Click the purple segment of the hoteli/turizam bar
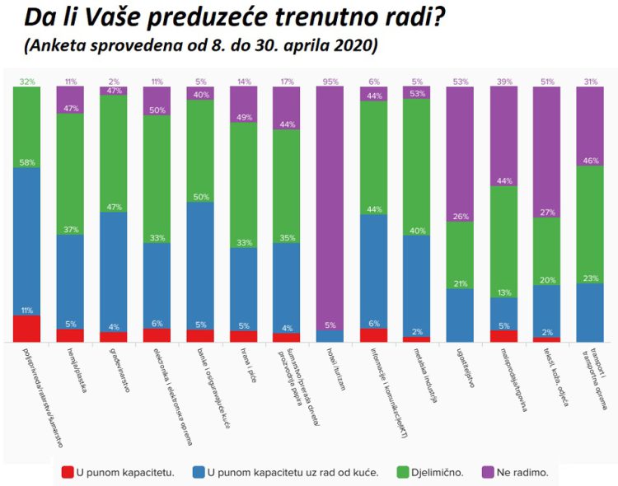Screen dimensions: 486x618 point(330,206)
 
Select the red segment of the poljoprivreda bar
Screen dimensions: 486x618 point(26,328)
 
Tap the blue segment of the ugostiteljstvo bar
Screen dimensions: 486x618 point(460,315)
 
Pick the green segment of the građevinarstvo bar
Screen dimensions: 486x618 point(113,152)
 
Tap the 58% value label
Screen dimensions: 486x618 point(27,163)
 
